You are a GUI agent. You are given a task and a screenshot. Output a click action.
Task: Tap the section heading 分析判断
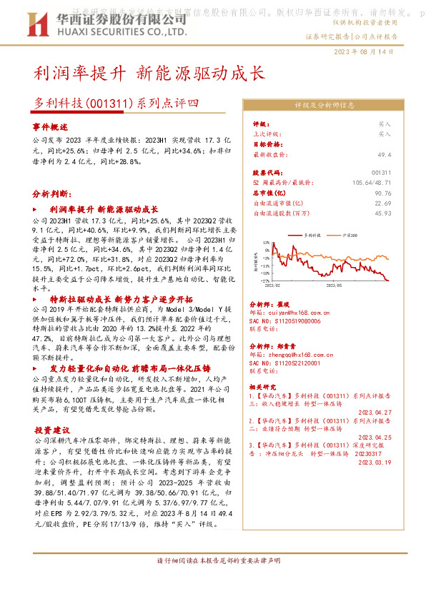(x=51, y=193)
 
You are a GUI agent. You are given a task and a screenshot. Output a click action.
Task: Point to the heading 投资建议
(x=51, y=430)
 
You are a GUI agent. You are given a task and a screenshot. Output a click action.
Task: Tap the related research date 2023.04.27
(x=372, y=412)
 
